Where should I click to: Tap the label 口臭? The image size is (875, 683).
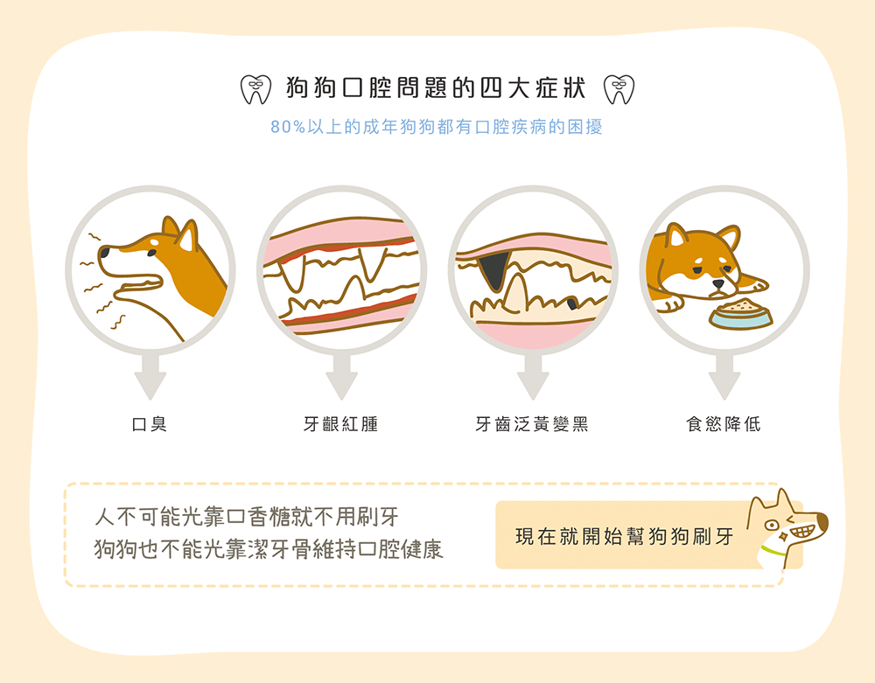(149, 425)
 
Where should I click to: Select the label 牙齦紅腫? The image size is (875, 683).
(340, 425)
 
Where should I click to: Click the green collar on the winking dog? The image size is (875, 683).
(772, 552)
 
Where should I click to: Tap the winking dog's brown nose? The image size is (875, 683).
(822, 525)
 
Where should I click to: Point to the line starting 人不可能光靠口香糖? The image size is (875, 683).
(246, 516)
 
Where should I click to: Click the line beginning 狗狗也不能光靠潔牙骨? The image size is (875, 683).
(269, 549)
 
